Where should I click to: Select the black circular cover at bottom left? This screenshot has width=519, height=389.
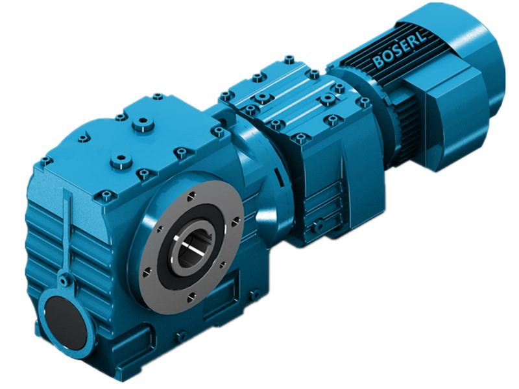pyautogui.click(x=64, y=318)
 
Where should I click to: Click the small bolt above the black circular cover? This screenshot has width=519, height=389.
pyautogui.click(x=62, y=281)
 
